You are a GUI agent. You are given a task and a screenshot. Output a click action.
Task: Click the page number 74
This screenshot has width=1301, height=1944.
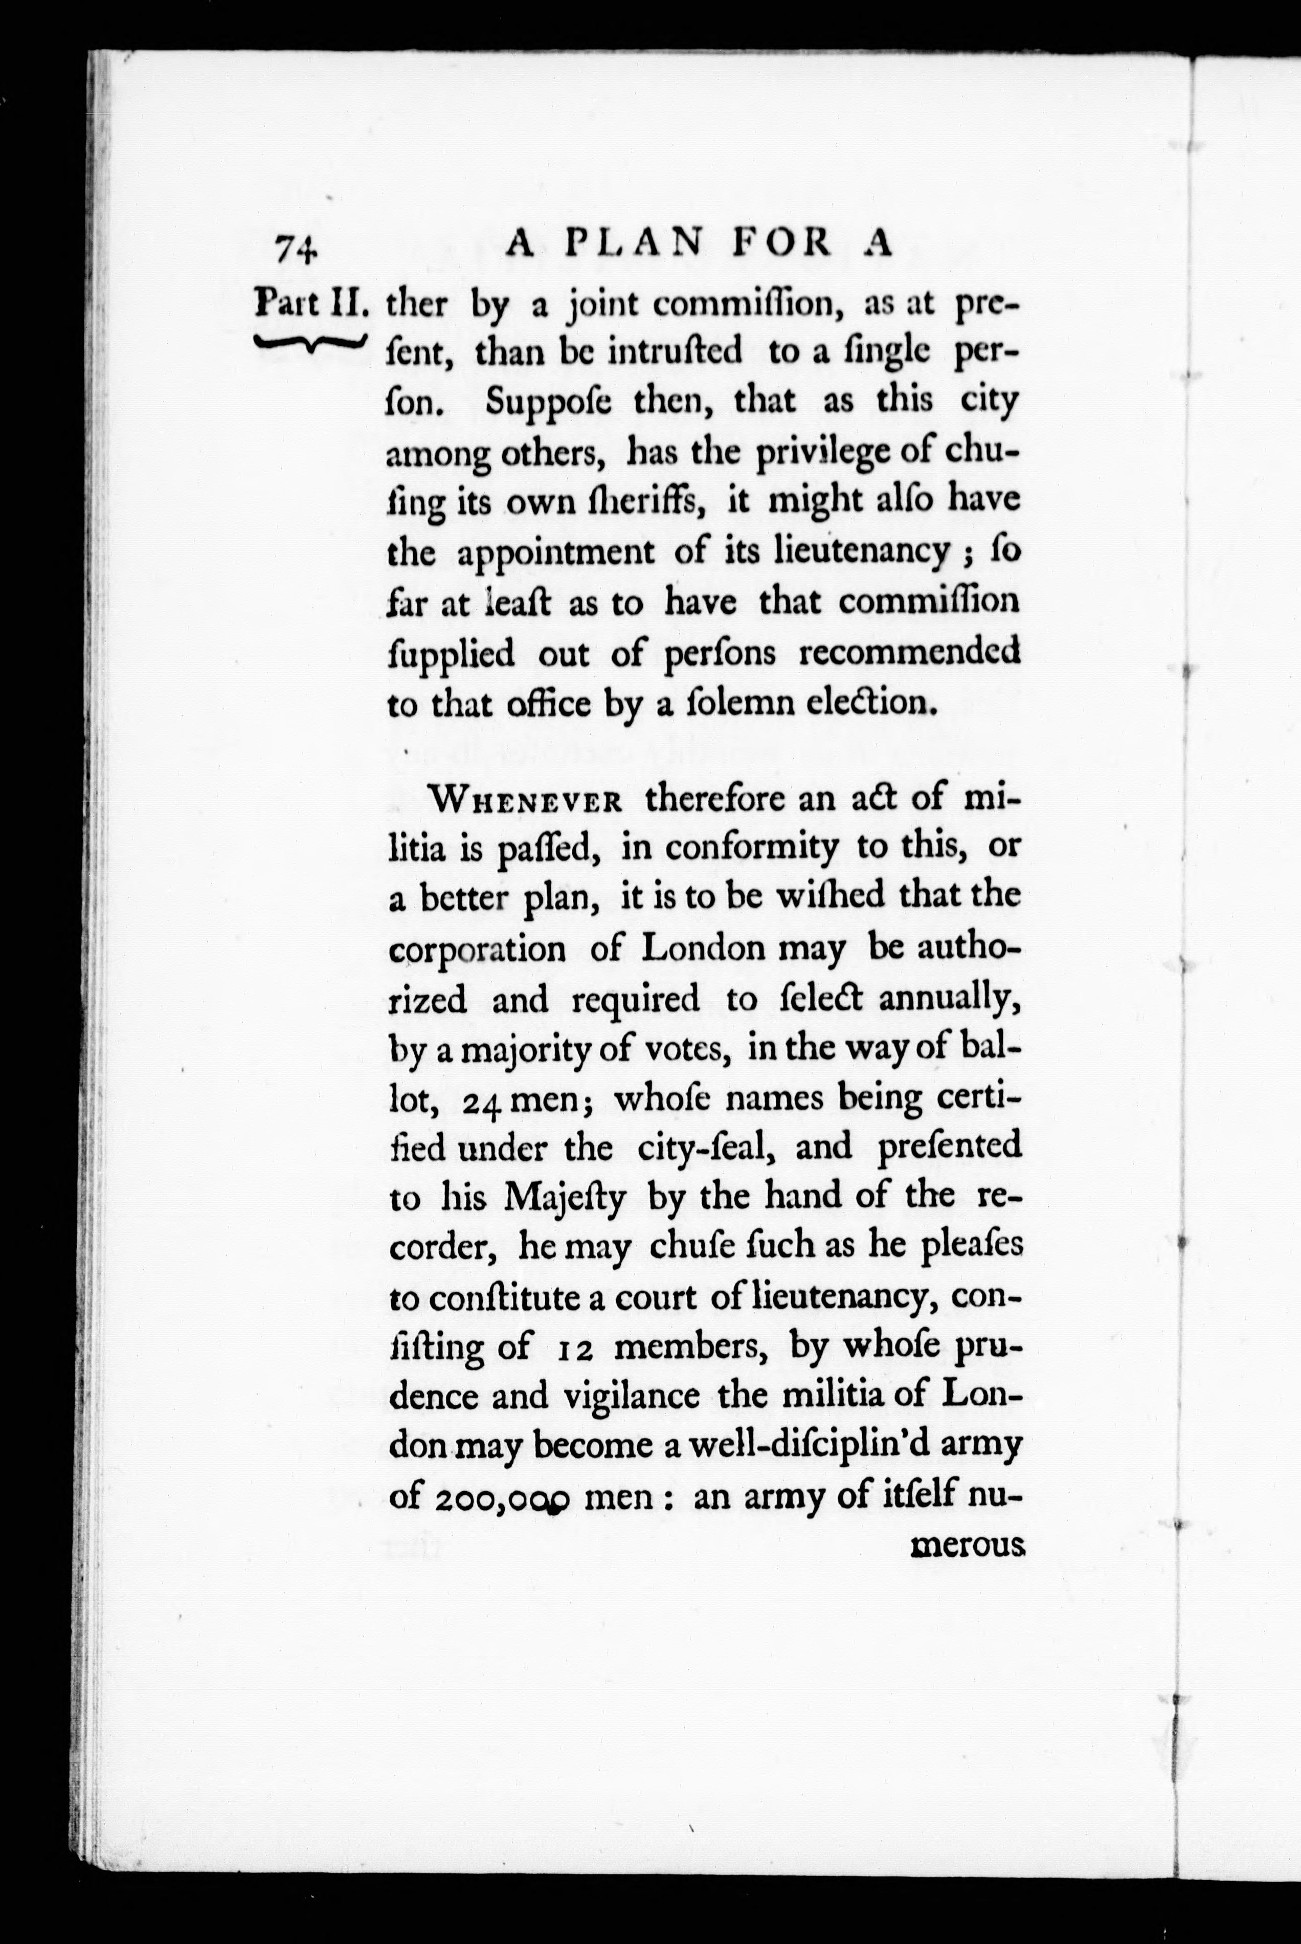pos(296,247)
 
